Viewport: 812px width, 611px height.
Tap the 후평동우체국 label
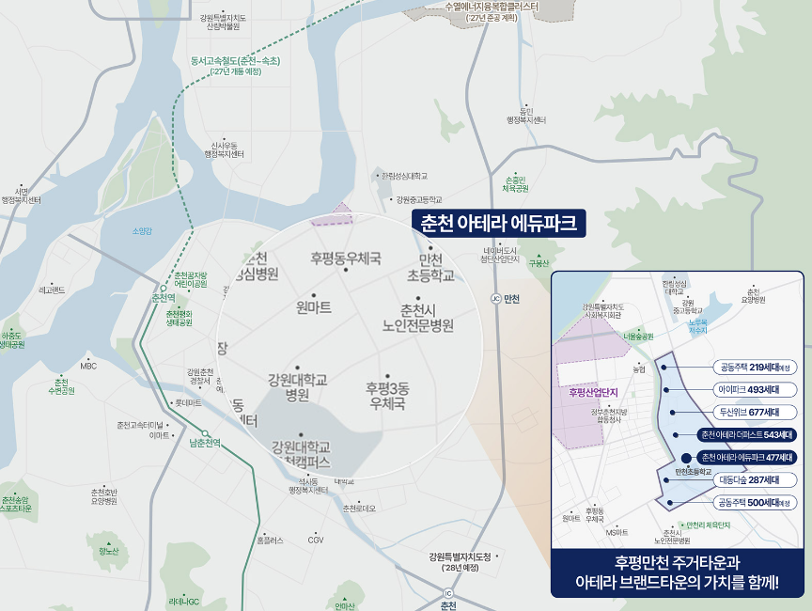point(346,257)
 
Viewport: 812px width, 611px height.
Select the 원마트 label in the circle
point(314,307)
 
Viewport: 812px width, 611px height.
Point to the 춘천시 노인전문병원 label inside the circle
point(413,318)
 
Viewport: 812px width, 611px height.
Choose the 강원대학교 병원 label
point(297,386)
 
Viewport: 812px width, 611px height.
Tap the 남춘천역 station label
point(205,443)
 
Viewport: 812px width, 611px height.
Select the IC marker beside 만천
point(495,299)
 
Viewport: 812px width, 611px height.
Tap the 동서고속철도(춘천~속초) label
point(235,66)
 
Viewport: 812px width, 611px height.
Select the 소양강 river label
point(142,230)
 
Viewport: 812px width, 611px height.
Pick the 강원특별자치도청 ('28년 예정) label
point(460,561)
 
